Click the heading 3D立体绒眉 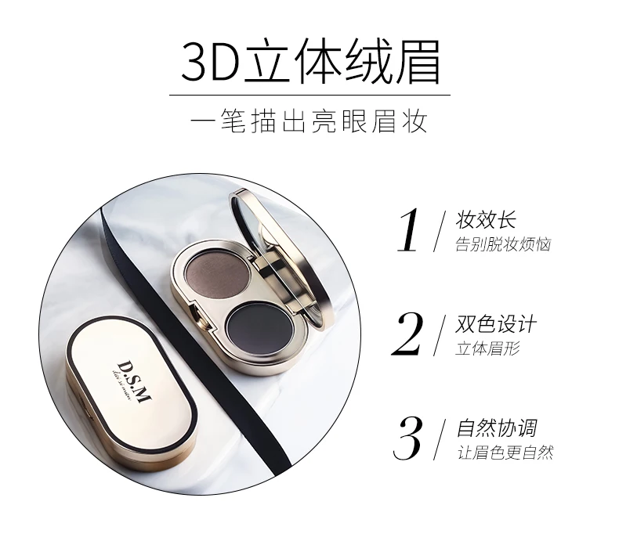[310, 62]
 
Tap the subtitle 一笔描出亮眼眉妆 [309, 121]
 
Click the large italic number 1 [408, 230]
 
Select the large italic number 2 [407, 334]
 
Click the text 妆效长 [486, 220]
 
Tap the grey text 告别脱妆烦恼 [503, 244]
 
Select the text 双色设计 [496, 324]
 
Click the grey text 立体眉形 [487, 348]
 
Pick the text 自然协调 [497, 428]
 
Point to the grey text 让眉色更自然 [505, 453]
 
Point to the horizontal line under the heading [310, 95]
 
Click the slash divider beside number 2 [440, 335]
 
